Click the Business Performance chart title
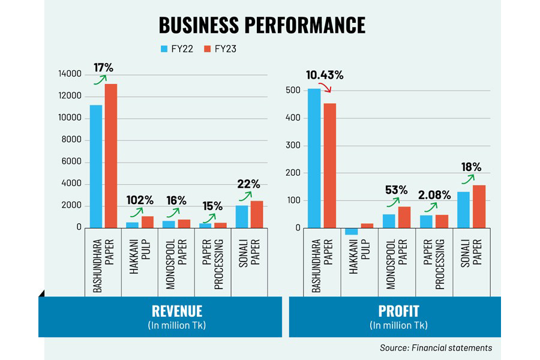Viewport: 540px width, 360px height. click(x=262, y=25)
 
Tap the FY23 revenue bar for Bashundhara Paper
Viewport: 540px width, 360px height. click(x=111, y=155)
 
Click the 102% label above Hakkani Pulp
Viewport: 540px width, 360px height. click(x=140, y=199)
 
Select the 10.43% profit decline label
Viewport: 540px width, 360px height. click(x=325, y=75)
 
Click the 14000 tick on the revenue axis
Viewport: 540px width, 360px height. click(x=70, y=74)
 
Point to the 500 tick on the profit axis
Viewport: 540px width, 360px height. click(x=292, y=91)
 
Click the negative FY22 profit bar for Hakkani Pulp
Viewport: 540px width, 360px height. click(x=351, y=231)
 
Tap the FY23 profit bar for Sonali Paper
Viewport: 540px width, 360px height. click(x=479, y=206)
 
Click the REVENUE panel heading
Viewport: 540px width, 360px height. click(x=177, y=311)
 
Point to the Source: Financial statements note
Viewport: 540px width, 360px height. click(x=436, y=347)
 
